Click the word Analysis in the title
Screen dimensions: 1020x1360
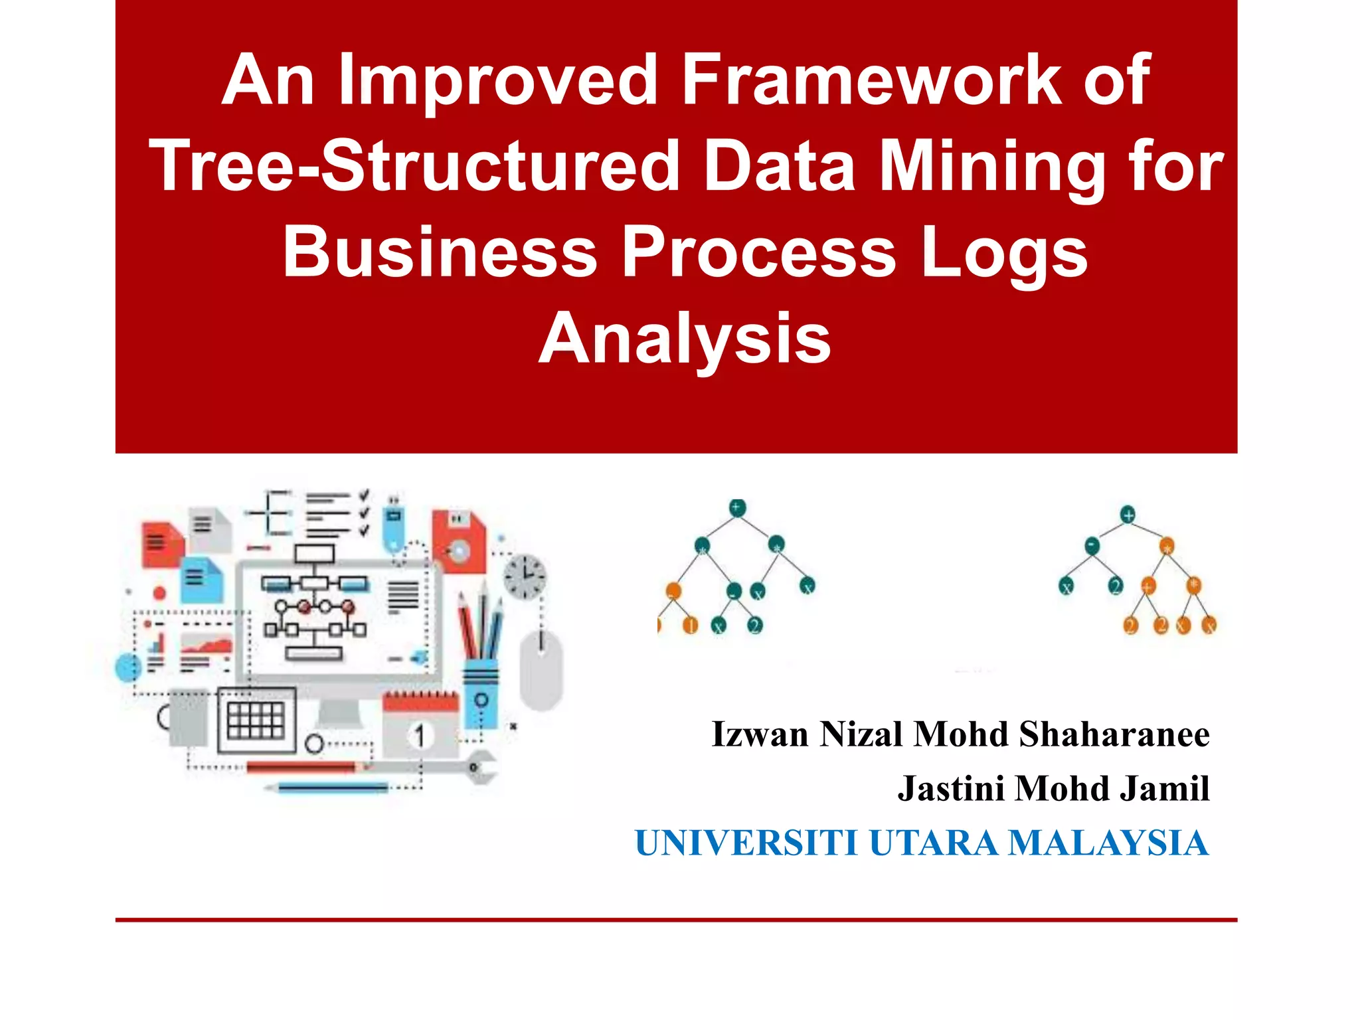(684, 339)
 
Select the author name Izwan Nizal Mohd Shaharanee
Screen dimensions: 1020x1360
(960, 734)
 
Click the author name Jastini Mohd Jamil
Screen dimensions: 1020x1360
(1053, 789)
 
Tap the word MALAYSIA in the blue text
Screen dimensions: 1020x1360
(1108, 843)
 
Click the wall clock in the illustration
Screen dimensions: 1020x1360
(525, 575)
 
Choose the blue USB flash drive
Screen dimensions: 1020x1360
(394, 526)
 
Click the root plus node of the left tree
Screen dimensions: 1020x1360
(737, 508)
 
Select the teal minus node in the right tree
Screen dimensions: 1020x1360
(1092, 547)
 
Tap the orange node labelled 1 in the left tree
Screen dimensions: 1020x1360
(691, 626)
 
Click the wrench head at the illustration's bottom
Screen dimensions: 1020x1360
(481, 766)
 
